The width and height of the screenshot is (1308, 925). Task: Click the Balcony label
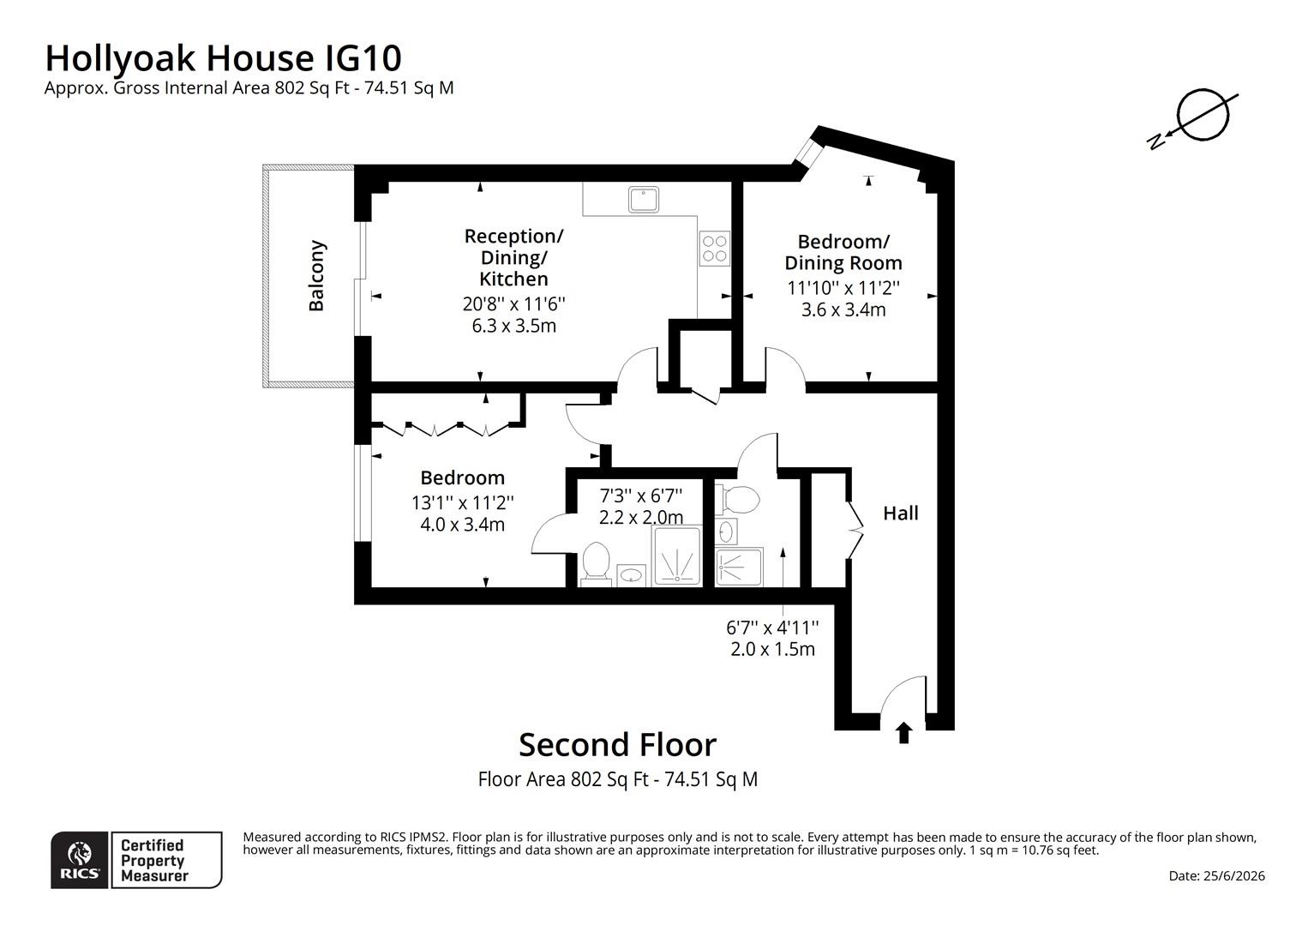[316, 276]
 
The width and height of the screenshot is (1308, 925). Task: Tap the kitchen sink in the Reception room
[644, 200]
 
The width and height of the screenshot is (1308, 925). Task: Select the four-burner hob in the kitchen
[714, 249]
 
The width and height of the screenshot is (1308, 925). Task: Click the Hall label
[900, 514]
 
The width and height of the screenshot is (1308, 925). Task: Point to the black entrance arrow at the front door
[904, 733]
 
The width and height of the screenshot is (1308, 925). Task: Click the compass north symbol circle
[1203, 115]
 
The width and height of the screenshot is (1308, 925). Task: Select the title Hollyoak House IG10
[223, 58]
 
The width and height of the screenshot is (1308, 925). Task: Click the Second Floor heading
[617, 745]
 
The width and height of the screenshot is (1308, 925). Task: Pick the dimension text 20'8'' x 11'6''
[514, 304]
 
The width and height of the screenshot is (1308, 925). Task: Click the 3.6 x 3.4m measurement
[843, 309]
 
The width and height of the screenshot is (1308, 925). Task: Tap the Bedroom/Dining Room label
[843, 252]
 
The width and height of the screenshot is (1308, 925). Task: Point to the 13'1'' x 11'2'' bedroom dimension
[463, 502]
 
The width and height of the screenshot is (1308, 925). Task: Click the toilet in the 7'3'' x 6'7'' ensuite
[597, 563]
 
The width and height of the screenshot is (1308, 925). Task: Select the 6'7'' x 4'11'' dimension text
[772, 628]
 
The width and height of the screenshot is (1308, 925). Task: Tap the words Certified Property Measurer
[154, 860]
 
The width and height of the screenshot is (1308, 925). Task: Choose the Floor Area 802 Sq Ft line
[617, 779]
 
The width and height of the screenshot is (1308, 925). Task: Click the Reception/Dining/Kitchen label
[514, 257]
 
